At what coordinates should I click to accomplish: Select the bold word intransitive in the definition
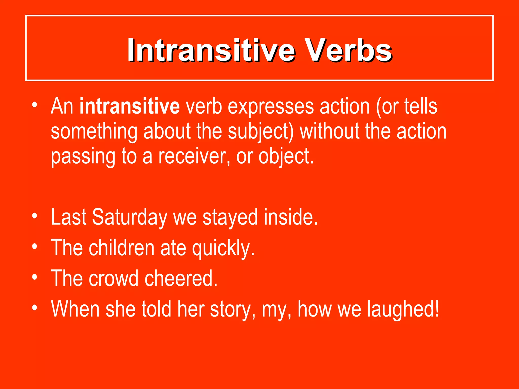[129, 106]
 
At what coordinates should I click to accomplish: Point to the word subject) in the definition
[261, 132]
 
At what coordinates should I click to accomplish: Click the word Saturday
[129, 217]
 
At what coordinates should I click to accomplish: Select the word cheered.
[181, 278]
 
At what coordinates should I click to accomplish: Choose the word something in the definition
[94, 132]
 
